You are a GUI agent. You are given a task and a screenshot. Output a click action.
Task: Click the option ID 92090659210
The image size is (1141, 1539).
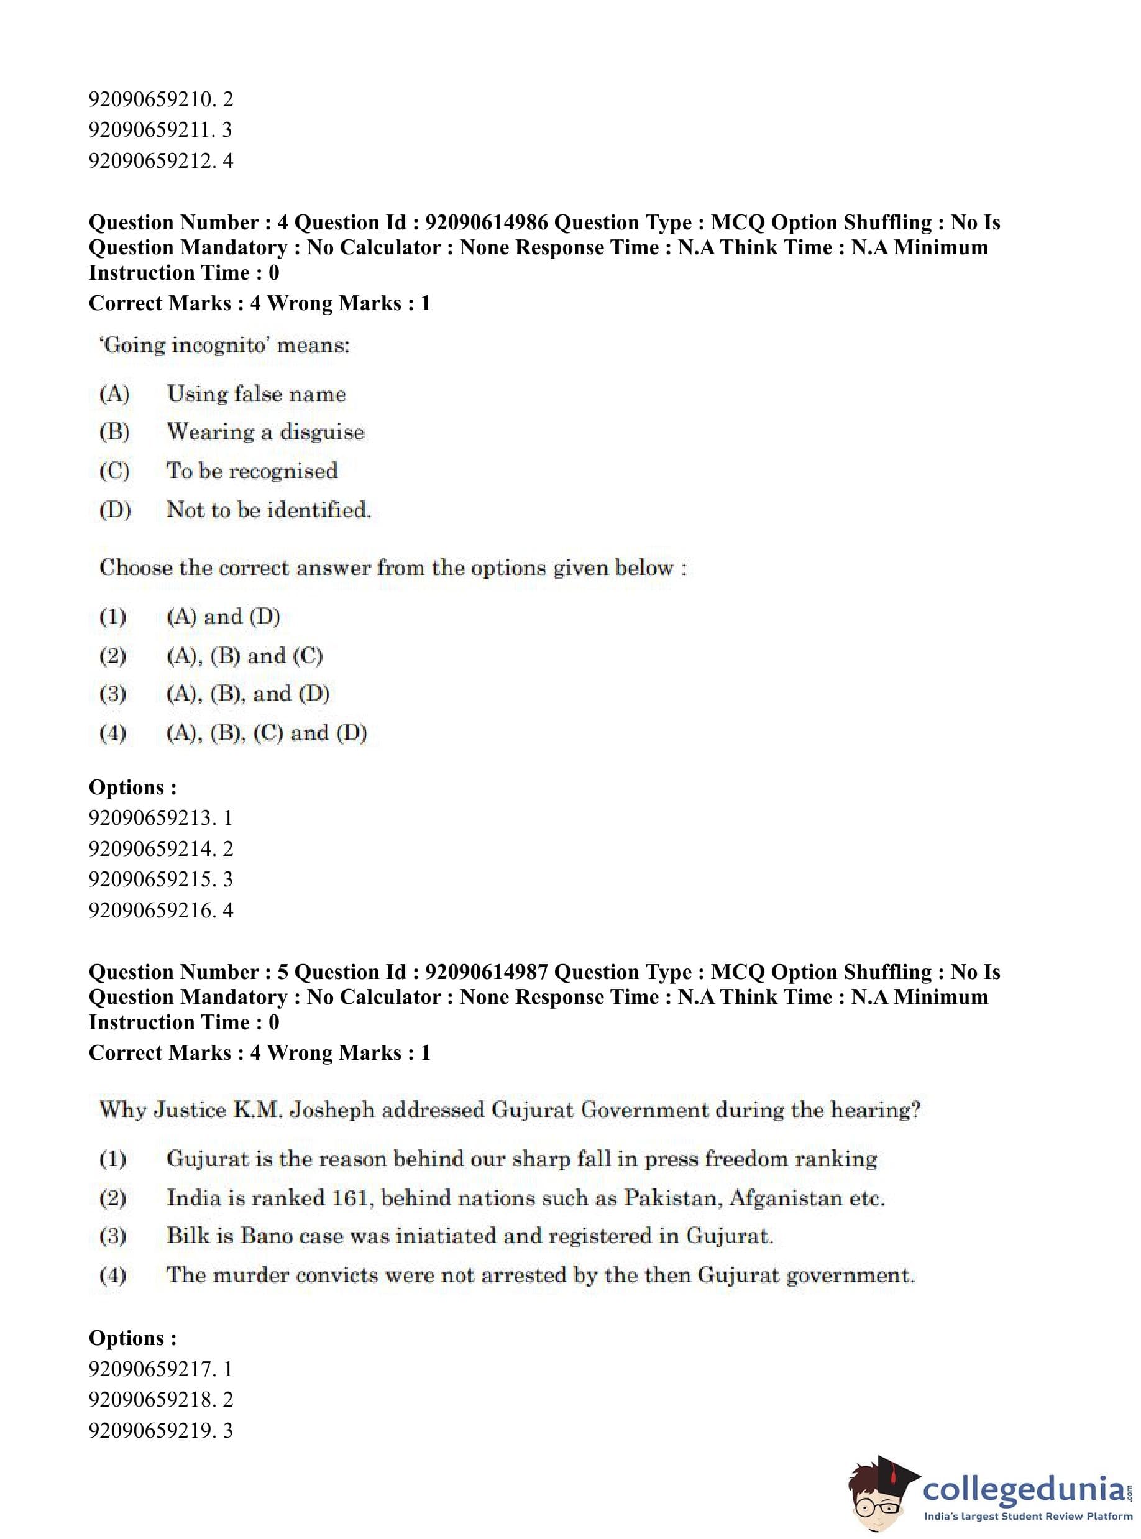[150, 99]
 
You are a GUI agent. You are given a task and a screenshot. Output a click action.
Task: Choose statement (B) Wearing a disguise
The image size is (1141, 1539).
[265, 432]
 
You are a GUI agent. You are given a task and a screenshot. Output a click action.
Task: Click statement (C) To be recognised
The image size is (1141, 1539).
[252, 471]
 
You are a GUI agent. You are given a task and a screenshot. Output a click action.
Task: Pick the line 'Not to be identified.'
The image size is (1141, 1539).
[268, 510]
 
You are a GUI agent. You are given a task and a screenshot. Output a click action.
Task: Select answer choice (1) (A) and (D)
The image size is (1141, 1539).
[223, 617]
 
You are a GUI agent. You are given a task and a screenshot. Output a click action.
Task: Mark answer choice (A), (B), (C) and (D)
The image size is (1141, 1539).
[267, 733]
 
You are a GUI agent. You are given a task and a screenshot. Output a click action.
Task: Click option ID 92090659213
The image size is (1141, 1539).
[150, 818]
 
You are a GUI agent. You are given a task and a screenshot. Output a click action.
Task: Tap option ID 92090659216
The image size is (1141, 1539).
[150, 911]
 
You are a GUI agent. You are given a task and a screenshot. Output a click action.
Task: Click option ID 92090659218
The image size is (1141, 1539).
[150, 1400]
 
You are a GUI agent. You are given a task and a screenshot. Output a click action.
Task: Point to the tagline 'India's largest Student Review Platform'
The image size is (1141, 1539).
[1028, 1516]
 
